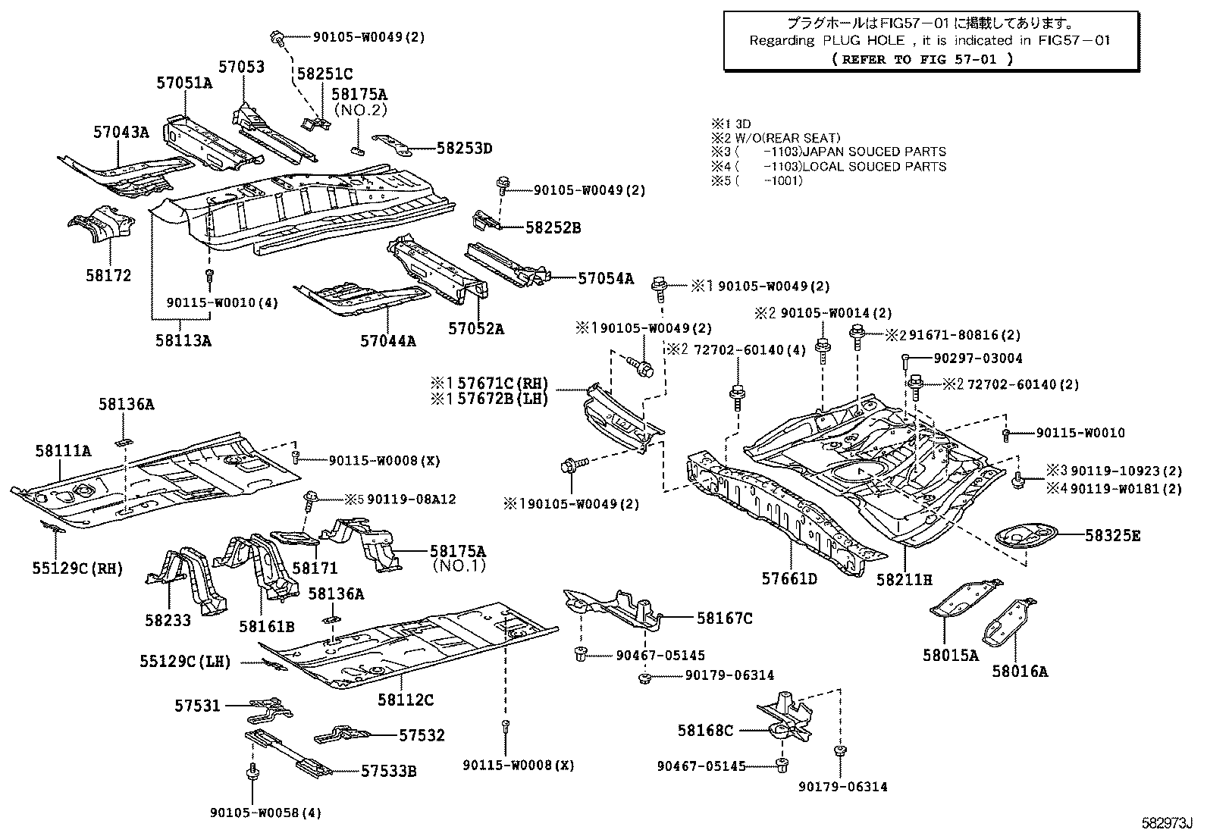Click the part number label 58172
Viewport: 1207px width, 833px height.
click(108, 276)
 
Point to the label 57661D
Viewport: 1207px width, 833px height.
click(789, 580)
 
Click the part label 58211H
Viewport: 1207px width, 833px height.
click(904, 580)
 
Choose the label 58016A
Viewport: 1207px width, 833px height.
click(1020, 671)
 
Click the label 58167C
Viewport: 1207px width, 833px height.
click(724, 618)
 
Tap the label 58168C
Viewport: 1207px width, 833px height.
click(705, 730)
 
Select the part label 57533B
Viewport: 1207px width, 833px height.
click(388, 772)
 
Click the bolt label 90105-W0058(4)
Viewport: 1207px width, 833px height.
click(265, 813)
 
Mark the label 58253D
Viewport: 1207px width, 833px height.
click(464, 149)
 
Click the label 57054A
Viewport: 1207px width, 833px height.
click(605, 278)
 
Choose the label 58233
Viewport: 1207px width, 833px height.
click(168, 620)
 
